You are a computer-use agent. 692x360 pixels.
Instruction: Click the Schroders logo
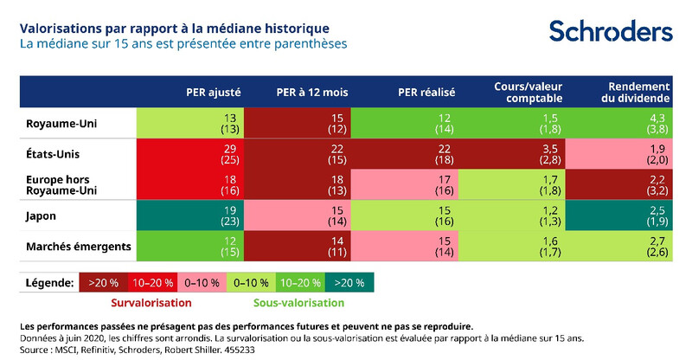pyautogui.click(x=611, y=32)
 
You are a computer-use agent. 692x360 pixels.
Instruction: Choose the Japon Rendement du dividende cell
pyautogui.click(x=618, y=215)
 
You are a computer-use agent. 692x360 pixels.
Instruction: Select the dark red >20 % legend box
pyautogui.click(x=101, y=283)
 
